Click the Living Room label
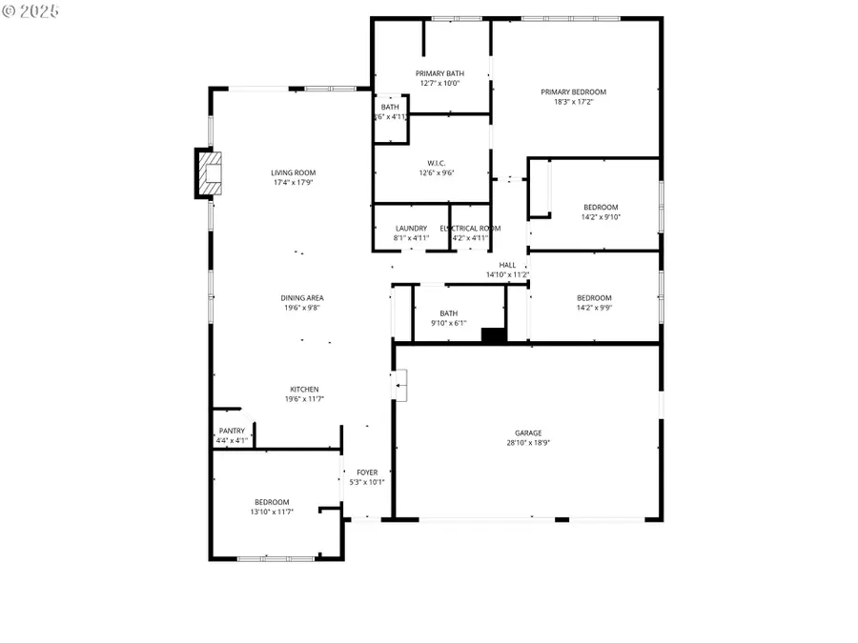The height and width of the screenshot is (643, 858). (293, 172)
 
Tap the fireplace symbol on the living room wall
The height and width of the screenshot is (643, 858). (209, 172)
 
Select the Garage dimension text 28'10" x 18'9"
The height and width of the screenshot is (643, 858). (529, 443)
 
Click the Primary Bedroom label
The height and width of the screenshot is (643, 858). (573, 92)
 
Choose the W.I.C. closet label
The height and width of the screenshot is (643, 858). (438, 162)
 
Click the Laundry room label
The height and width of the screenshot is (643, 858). (411, 229)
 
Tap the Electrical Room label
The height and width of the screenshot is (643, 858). (470, 229)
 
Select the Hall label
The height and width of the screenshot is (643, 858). (507, 265)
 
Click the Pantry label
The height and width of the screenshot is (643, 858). (232, 431)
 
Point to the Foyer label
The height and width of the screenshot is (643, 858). (367, 472)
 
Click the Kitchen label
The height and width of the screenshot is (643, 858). (304, 389)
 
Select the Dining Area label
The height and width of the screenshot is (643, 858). (301, 298)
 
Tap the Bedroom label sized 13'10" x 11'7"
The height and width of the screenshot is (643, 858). (272, 502)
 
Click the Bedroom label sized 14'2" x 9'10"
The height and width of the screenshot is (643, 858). (601, 207)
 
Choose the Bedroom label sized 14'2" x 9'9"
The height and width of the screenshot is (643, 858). (594, 298)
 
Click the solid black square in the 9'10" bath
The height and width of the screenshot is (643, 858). (493, 334)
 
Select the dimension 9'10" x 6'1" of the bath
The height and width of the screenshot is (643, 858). (448, 323)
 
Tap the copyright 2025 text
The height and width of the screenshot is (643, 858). (31, 11)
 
